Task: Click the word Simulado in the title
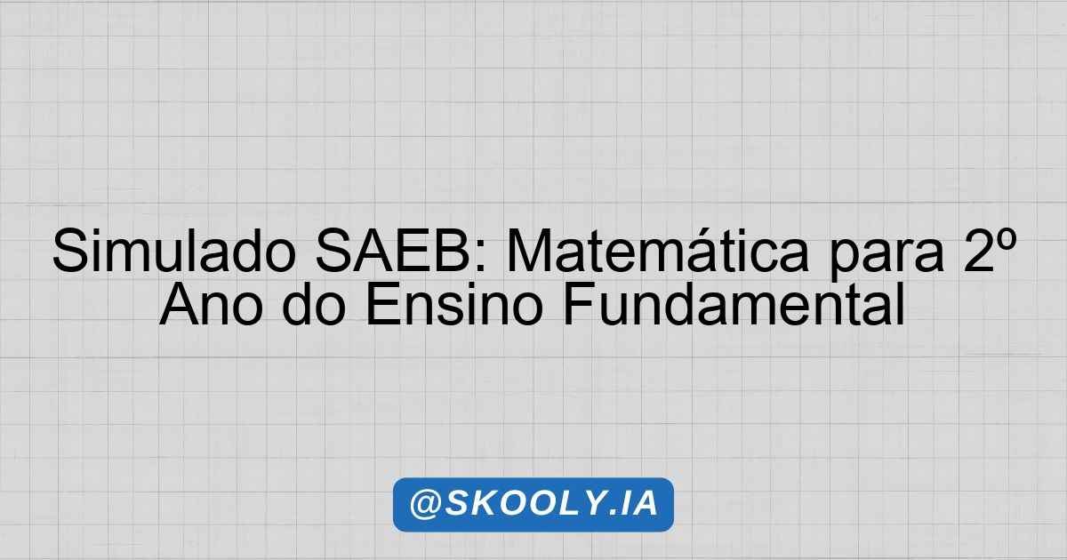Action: [174, 251]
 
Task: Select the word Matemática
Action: [658, 251]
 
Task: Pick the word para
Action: [886, 257]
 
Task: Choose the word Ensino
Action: [454, 304]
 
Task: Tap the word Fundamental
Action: [734, 304]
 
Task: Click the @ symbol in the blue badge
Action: [425, 504]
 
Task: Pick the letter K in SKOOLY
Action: [484, 503]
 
